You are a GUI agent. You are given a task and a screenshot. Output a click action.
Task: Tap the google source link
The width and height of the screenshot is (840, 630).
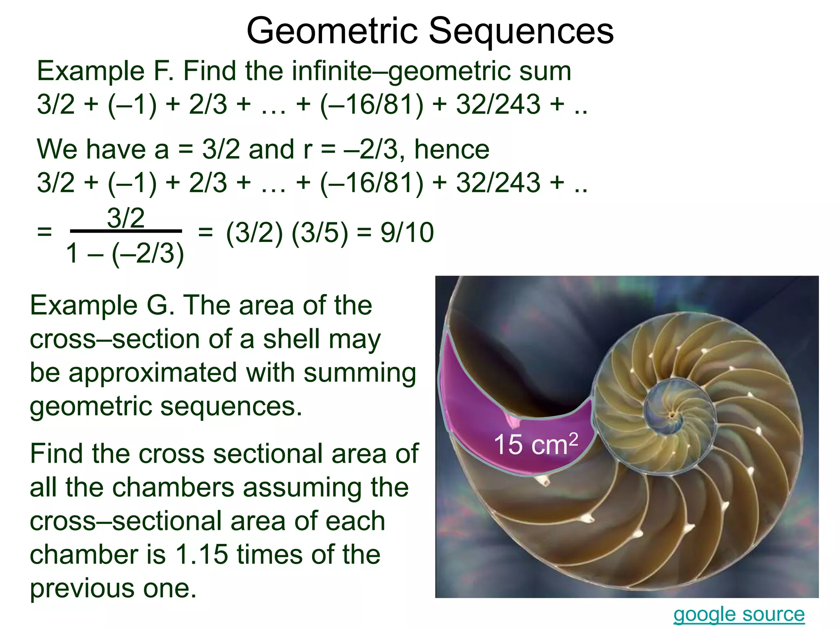(739, 614)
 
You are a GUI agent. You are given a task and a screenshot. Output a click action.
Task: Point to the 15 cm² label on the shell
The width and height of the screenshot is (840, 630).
(536, 444)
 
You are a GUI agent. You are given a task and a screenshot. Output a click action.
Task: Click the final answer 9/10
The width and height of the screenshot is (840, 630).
(407, 233)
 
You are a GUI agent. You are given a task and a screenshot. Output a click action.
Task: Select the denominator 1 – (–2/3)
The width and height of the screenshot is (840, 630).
(125, 253)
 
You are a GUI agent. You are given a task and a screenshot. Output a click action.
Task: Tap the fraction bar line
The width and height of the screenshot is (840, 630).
(126, 231)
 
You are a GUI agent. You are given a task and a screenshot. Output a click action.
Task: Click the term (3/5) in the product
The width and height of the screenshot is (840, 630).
(320, 233)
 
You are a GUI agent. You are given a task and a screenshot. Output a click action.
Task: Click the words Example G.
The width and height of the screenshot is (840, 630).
(102, 306)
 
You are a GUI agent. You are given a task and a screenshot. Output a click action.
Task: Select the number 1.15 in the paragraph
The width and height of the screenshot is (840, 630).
(201, 555)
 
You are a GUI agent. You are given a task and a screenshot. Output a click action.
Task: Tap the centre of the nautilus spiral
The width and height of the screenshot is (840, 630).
(672, 415)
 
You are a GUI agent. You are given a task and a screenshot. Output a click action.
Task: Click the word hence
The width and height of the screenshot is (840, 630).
(452, 149)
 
